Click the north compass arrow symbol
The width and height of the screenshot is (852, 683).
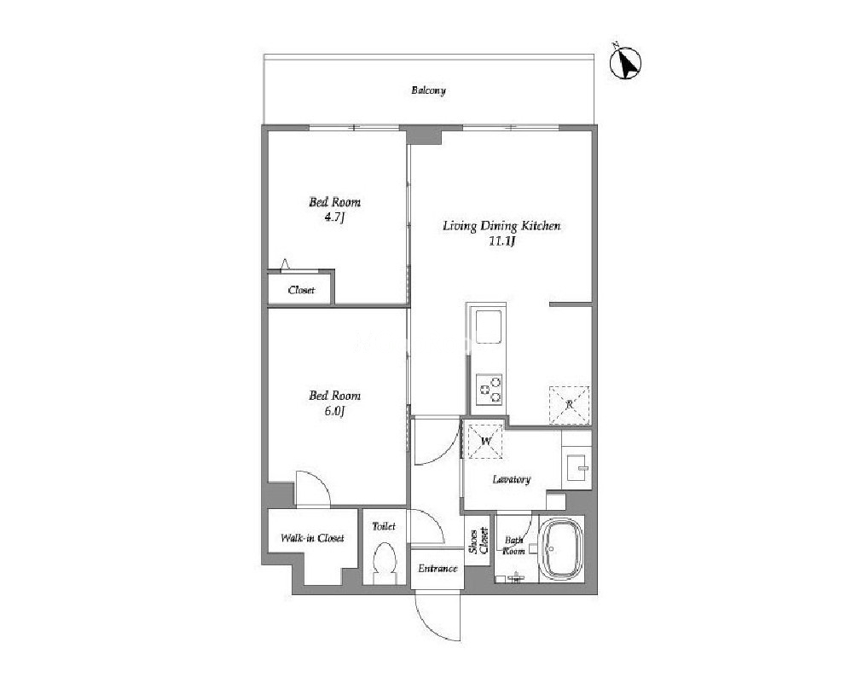(625, 63)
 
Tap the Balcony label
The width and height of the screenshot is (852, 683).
(428, 90)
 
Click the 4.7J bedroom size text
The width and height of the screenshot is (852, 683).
(334, 217)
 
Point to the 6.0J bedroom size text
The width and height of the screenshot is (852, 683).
(334, 411)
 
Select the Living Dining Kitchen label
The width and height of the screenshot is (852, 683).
(501, 226)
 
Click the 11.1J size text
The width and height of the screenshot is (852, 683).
(501, 241)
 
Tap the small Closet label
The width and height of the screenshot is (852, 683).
(301, 290)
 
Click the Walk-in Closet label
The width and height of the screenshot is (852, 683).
(312, 538)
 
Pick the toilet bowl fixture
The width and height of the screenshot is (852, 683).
(384, 562)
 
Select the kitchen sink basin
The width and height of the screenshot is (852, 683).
(489, 326)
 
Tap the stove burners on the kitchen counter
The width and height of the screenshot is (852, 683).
(489, 389)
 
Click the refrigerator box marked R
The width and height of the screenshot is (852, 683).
(569, 405)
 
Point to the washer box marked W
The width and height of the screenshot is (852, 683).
(485, 441)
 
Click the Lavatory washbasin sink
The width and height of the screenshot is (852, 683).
(577, 467)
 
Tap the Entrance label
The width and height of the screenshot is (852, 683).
(438, 569)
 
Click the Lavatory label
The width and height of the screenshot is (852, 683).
(512, 479)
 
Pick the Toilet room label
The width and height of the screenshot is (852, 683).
(384, 526)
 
